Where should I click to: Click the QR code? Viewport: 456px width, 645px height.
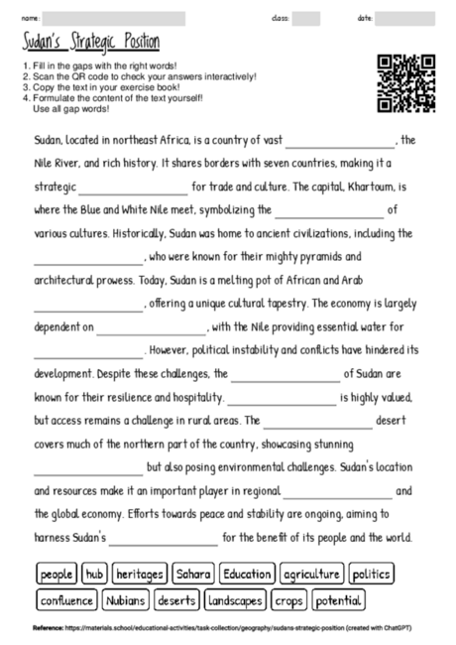click(406, 83)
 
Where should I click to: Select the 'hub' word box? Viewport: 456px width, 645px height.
click(95, 575)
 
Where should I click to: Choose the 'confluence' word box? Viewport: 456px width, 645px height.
click(66, 600)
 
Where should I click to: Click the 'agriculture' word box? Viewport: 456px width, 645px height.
click(311, 575)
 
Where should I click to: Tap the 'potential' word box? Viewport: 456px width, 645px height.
click(339, 600)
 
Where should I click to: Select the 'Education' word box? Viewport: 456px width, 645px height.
click(247, 575)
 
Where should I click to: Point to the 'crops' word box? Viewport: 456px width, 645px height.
click(289, 600)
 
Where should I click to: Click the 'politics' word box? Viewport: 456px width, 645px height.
click(371, 575)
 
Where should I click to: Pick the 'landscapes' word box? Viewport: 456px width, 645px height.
click(236, 600)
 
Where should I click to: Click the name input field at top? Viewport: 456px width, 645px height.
click(114, 19)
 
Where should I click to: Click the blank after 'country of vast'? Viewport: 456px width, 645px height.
click(340, 141)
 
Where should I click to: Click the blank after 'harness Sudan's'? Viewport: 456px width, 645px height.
click(163, 539)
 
